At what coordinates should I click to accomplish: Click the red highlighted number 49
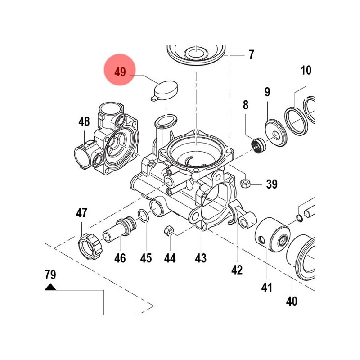coord(120,72)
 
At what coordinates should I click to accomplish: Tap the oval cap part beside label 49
coord(164,90)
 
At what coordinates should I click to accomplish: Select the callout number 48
coord(84,122)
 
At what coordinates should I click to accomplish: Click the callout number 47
coord(81,213)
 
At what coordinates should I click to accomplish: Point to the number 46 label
coord(120,258)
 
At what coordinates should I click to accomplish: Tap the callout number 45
coord(146,258)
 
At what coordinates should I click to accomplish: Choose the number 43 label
coord(201,258)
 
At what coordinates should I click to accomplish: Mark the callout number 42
coord(237,270)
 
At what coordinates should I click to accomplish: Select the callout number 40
coord(292,301)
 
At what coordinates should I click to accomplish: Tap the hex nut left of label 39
coord(246,183)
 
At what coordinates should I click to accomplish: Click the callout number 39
coord(272,184)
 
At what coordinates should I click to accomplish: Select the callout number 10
coord(306,71)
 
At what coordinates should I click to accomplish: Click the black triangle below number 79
coord(50,287)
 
